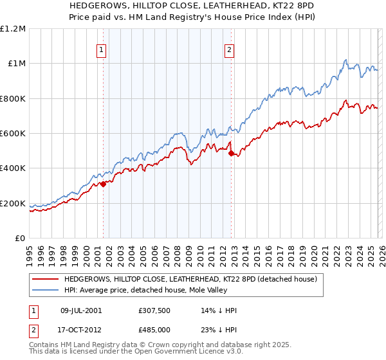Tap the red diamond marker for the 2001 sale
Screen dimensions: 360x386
(103, 184)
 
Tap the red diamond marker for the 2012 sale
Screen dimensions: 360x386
(231, 154)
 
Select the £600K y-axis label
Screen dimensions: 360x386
(13, 134)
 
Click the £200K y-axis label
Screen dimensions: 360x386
(13, 203)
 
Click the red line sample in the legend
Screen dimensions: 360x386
(45, 279)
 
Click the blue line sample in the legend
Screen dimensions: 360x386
(45, 290)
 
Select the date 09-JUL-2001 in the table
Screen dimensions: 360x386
(81, 310)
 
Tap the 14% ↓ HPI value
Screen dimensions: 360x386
(219, 310)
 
